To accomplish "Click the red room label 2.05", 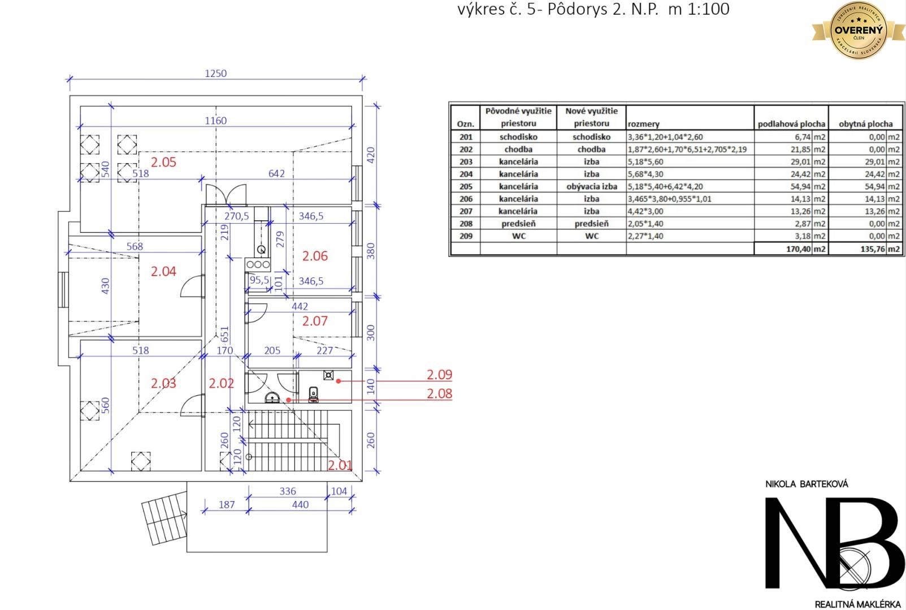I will tap(163, 162).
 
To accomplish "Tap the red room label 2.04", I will tap(163, 272).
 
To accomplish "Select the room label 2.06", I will tap(315, 256).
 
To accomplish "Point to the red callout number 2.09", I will tap(439, 374).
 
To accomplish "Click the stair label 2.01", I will tap(340, 465).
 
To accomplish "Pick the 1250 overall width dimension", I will tap(215, 73).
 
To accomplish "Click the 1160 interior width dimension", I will tap(215, 120).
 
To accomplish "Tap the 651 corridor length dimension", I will tap(224, 334).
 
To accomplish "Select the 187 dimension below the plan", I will tap(227, 504).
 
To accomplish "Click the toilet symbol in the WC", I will tap(314, 393).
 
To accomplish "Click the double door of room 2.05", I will tap(226, 195).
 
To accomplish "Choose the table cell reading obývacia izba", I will tap(591, 186).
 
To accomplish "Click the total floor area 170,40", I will tap(799, 249).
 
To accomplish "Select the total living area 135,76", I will tap(873, 249).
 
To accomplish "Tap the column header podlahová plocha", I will tap(791, 124).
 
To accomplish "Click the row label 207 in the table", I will tap(466, 211).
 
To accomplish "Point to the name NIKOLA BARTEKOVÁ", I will tap(807, 484).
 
